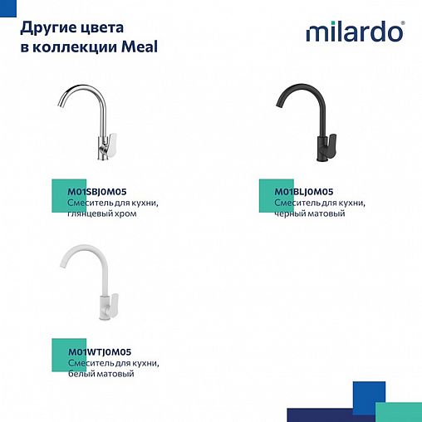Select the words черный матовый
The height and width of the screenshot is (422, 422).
point(309,214)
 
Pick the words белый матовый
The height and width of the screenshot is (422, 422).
point(100,375)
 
